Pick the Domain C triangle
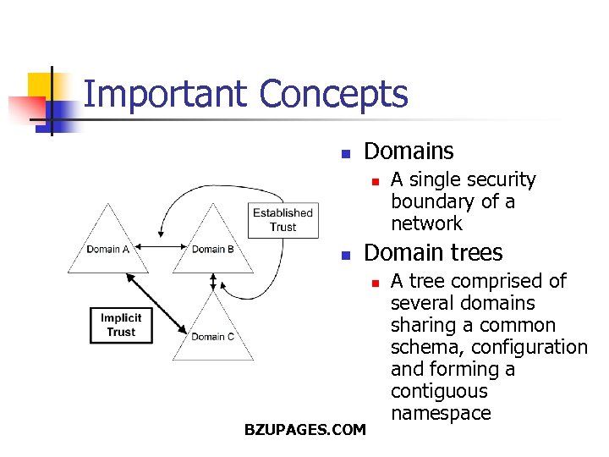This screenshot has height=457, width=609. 212,330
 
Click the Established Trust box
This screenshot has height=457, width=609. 283,219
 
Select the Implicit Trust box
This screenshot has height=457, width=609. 120,325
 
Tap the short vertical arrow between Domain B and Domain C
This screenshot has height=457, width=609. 213,281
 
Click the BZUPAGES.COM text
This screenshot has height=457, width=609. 304,430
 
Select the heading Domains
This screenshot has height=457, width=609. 409,151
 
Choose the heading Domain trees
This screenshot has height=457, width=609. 432,253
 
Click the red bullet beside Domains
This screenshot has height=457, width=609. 345,154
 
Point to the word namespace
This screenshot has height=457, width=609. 440,413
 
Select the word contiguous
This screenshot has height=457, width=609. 439,391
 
